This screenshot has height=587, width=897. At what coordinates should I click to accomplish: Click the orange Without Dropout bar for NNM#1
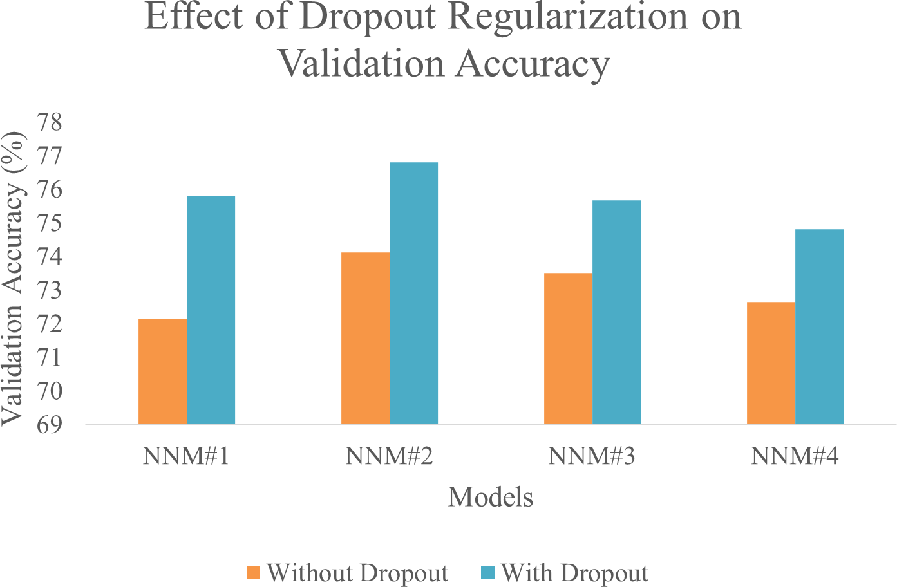click(162, 371)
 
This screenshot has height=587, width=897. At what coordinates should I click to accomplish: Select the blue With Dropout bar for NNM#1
click(211, 310)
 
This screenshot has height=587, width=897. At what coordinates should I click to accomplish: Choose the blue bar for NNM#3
click(616, 312)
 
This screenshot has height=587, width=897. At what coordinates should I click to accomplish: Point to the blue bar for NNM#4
click(819, 326)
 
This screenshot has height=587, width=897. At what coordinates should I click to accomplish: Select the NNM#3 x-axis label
click(592, 456)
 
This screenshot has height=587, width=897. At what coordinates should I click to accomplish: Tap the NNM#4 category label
click(795, 456)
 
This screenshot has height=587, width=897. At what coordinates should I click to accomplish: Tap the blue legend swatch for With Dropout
click(487, 573)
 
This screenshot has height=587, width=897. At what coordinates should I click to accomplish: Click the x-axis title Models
click(491, 498)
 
